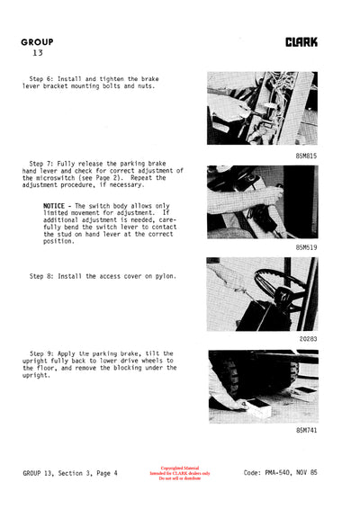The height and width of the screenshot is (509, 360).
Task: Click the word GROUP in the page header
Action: click(x=37, y=41)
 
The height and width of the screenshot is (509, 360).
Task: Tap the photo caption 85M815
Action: click(x=306, y=156)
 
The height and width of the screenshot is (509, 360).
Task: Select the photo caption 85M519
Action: click(x=306, y=246)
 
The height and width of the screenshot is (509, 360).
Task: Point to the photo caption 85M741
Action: click(x=306, y=430)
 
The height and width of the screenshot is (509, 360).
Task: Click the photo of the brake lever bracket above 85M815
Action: click(x=261, y=109)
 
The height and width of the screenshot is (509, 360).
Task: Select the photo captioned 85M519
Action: click(x=261, y=201)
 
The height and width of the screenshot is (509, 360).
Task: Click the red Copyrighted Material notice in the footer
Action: click(x=185, y=473)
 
